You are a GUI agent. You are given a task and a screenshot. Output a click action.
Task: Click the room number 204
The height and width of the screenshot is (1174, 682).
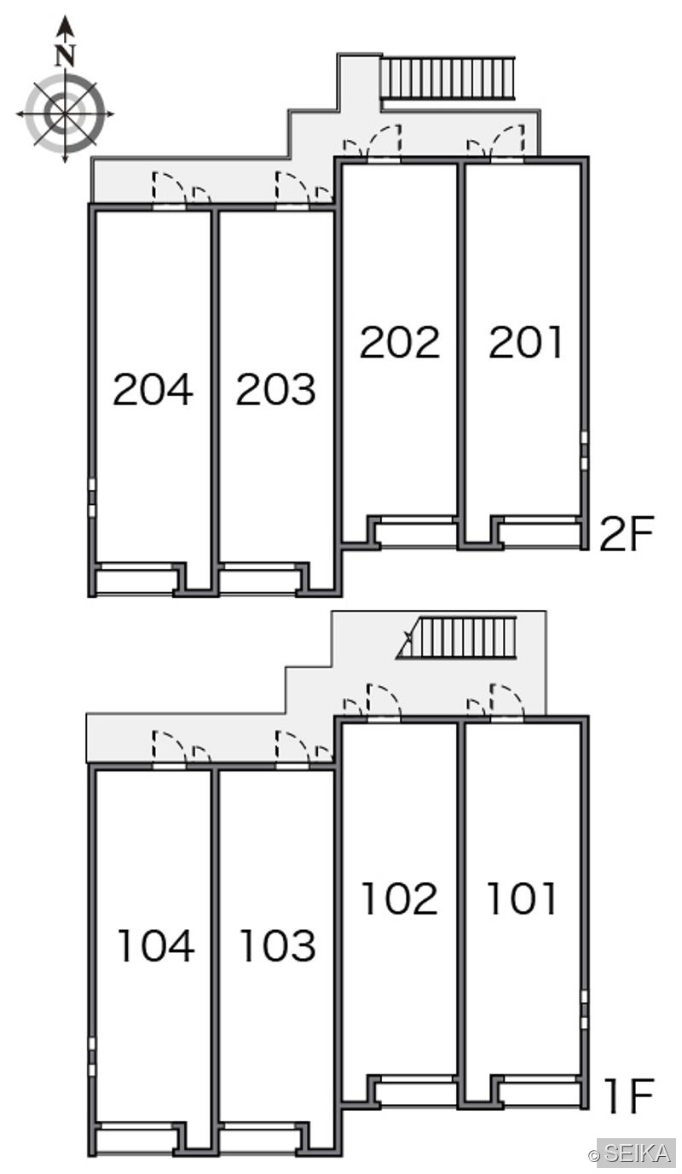[153, 389]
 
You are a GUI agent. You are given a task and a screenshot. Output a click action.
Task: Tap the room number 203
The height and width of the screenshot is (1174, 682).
[276, 389]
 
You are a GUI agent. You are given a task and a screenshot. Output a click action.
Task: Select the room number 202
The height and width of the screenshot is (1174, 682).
[400, 342]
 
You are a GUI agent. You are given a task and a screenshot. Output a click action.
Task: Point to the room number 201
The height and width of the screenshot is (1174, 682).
[525, 342]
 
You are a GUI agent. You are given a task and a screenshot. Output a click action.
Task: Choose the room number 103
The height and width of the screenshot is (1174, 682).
[278, 945]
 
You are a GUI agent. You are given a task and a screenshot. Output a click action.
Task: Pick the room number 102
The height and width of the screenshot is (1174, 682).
[400, 898]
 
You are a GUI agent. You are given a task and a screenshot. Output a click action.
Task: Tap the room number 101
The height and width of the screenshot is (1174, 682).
[523, 898]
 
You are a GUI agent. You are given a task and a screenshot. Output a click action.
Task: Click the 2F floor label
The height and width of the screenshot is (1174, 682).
[627, 533]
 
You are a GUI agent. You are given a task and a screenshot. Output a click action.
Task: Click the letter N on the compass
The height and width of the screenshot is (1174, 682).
[65, 55]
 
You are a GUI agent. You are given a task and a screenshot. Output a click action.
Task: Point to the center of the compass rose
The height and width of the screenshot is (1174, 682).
[65, 113]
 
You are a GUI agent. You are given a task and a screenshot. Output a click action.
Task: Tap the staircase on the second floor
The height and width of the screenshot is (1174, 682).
[448, 78]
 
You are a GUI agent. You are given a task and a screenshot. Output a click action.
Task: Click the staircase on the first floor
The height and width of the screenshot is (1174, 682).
[457, 636]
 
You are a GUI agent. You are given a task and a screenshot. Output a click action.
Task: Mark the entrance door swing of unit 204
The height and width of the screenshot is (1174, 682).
[170, 187]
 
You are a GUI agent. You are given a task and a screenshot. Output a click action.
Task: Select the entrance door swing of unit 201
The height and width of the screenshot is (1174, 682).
[507, 141]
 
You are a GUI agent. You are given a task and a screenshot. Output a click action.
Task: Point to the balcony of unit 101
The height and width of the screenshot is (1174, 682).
[539, 1094]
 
